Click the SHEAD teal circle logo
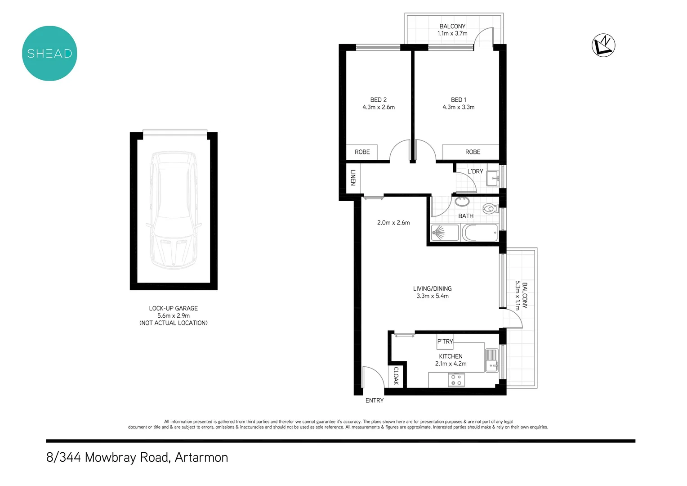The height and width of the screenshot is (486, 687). pyautogui.click(x=49, y=54)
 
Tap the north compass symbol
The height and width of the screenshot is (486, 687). pyautogui.click(x=603, y=45)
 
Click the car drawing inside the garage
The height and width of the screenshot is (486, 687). pyautogui.click(x=174, y=210)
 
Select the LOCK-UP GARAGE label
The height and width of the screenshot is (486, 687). pyautogui.click(x=174, y=308)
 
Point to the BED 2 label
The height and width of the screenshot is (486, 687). pyautogui.click(x=379, y=100)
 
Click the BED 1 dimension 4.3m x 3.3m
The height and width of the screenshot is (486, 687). pyautogui.click(x=458, y=107)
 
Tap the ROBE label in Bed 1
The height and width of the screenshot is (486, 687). pyautogui.click(x=473, y=152)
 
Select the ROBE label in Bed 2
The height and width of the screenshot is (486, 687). pyautogui.click(x=362, y=152)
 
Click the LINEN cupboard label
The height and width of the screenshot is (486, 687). pyautogui.click(x=353, y=177)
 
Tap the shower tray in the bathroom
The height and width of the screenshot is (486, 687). pyautogui.click(x=445, y=233)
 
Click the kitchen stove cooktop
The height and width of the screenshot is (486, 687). pyautogui.click(x=456, y=380)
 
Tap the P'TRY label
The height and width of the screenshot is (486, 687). pyautogui.click(x=445, y=342)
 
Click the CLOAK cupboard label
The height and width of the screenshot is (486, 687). pyautogui.click(x=396, y=376)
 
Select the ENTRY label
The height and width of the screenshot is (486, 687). pyautogui.click(x=375, y=400)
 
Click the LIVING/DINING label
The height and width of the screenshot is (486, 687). pyautogui.click(x=432, y=289)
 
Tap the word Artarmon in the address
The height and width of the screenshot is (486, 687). pyautogui.click(x=201, y=457)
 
